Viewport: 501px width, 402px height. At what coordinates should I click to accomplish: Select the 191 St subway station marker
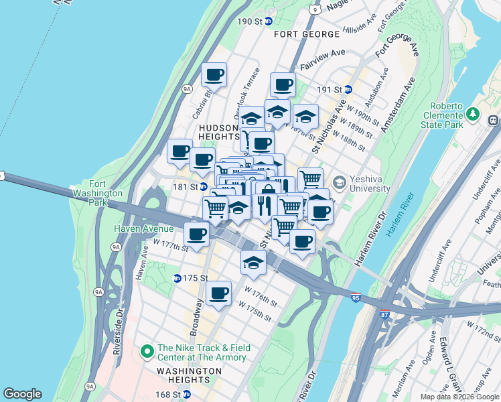(348, 89)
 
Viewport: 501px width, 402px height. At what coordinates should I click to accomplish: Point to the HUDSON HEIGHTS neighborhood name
(218, 133)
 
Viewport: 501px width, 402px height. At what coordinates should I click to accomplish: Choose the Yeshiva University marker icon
(340, 182)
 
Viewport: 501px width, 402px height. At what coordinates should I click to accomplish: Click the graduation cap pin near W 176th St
(253, 263)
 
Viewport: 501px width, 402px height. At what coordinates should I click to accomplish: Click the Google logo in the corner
(22, 394)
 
